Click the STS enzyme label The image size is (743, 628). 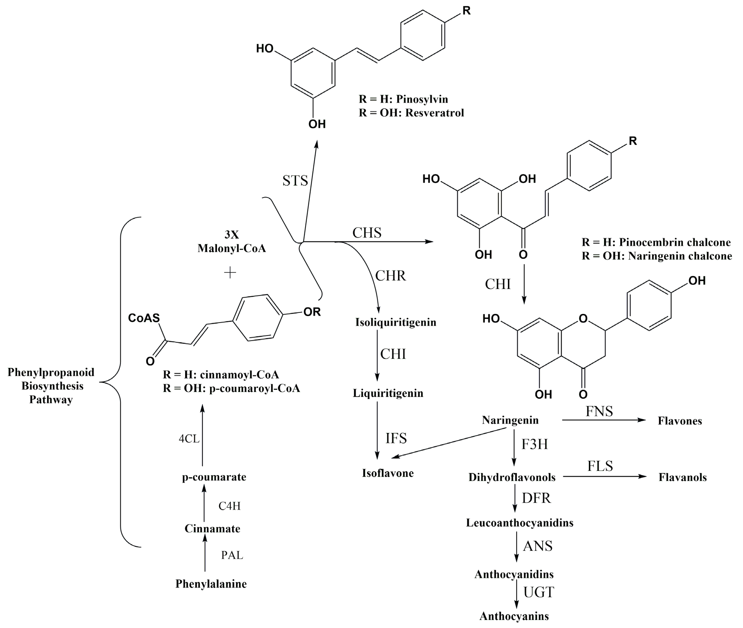pos(295,181)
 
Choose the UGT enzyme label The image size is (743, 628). pos(538,592)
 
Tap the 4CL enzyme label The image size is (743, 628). pos(189,439)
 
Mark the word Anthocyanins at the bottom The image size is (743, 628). pos(514,616)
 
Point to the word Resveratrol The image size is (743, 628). pos(434,113)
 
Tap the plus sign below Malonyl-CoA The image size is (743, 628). pos(230,273)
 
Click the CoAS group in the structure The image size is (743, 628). pos(144,318)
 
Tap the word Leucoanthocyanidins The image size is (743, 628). pos(520,523)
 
